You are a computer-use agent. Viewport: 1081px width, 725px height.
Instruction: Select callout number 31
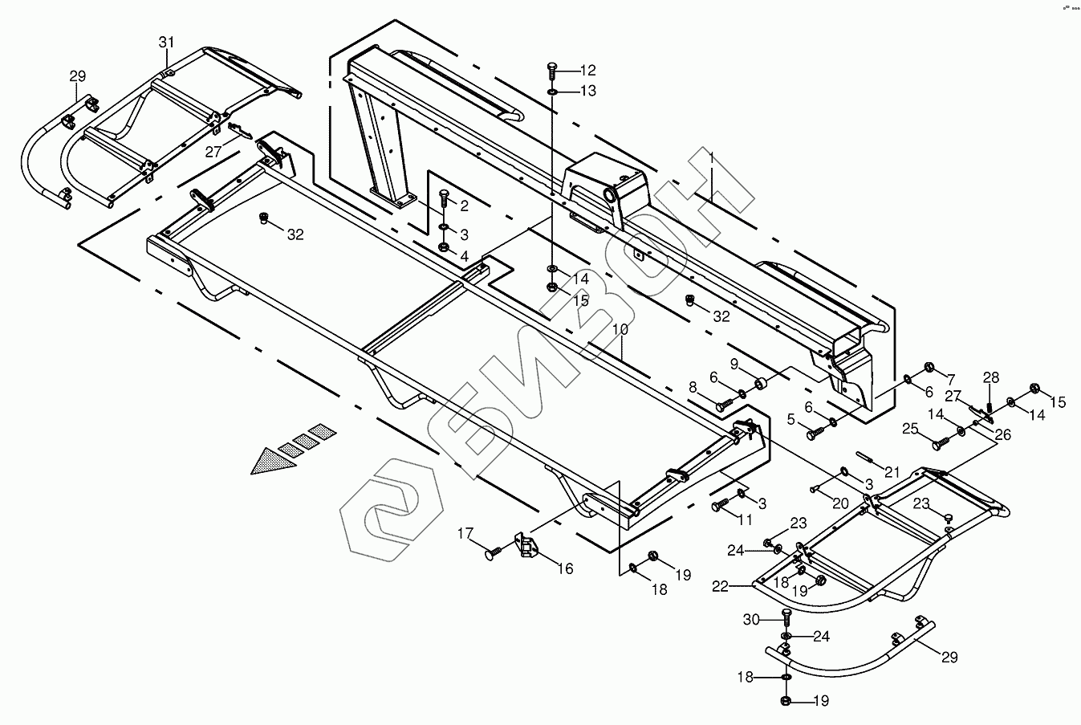(x=165, y=41)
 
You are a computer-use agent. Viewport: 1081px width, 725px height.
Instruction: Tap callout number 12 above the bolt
(x=588, y=70)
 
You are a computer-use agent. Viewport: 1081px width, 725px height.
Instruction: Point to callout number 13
(x=588, y=91)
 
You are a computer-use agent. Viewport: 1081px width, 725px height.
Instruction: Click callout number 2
(x=464, y=206)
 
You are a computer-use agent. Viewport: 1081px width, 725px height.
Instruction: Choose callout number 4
(x=464, y=256)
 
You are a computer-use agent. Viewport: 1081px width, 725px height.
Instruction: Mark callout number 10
(x=621, y=330)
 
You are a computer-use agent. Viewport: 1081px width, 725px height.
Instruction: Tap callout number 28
(x=992, y=377)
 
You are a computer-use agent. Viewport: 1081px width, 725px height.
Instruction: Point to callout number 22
(x=720, y=587)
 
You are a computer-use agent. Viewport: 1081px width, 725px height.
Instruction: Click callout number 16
(x=566, y=568)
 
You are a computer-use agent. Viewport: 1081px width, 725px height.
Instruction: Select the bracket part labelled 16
(x=527, y=546)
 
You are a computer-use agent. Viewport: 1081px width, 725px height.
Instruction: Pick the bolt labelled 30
(x=786, y=617)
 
